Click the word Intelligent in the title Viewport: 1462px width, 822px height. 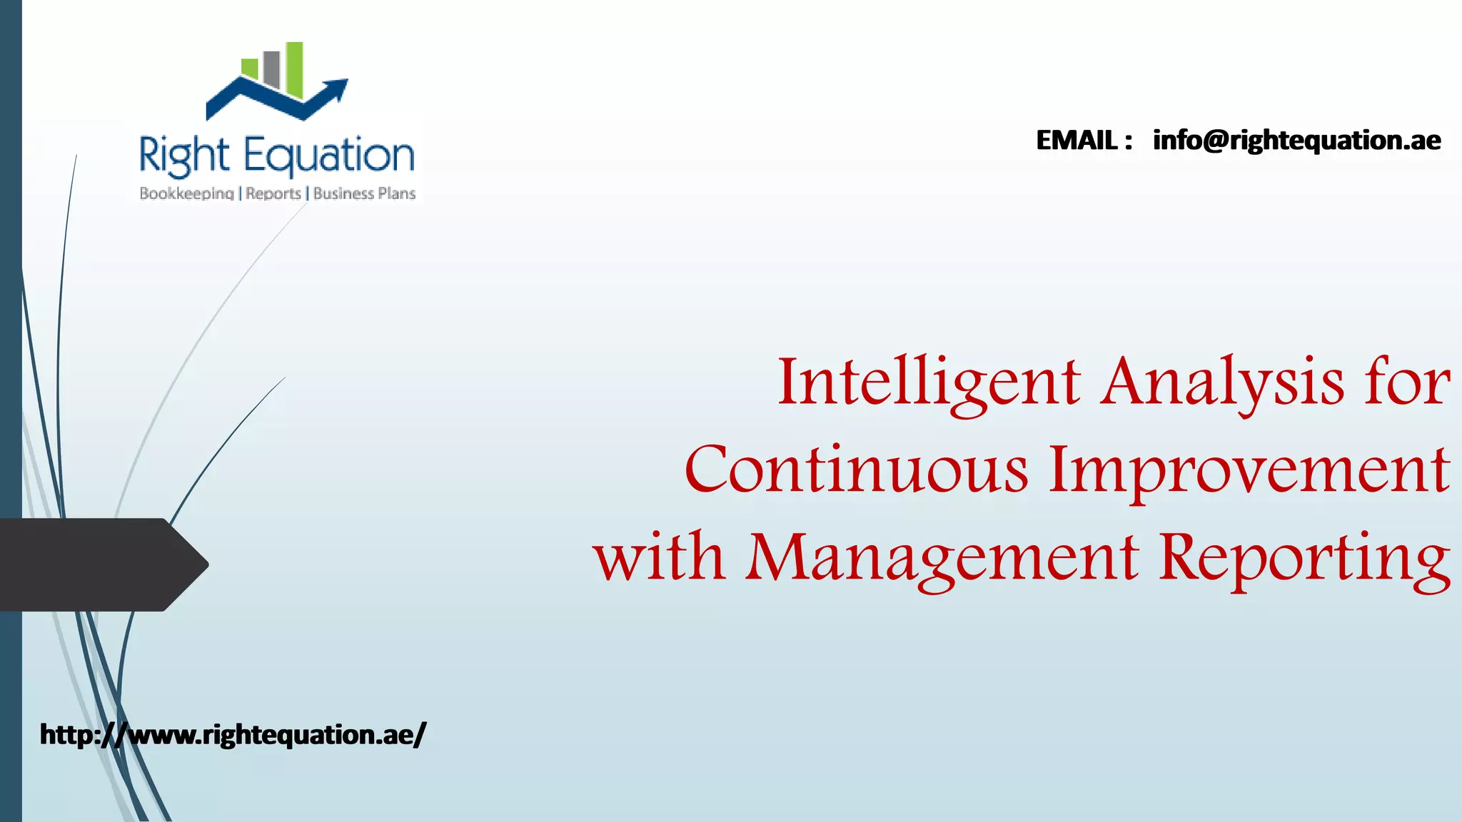(x=928, y=383)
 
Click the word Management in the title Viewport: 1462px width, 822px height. (x=942, y=557)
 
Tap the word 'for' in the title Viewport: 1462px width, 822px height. (x=1407, y=383)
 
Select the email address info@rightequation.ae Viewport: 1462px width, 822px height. (x=1296, y=141)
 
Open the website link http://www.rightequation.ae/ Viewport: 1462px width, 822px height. (x=233, y=734)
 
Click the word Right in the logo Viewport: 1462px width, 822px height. (x=184, y=156)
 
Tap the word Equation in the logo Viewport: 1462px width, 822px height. (x=329, y=156)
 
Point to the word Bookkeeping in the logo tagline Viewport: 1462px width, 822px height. (x=187, y=193)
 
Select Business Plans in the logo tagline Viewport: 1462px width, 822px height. (x=364, y=193)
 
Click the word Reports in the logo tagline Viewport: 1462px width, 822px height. (x=273, y=193)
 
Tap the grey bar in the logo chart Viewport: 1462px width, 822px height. (x=271, y=68)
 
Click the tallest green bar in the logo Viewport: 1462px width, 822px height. (x=295, y=69)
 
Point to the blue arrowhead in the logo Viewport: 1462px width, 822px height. (x=337, y=88)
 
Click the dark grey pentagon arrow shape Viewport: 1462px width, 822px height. (x=100, y=564)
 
